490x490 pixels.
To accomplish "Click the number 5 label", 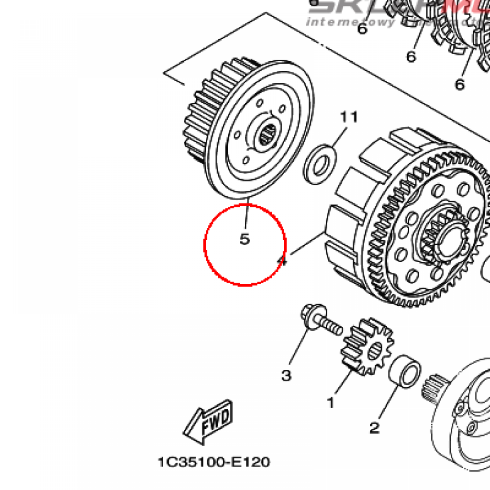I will [x=245, y=239].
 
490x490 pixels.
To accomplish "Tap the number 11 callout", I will [x=349, y=117].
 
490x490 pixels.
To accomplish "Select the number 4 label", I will [x=282, y=261].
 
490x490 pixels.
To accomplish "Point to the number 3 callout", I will [x=286, y=375].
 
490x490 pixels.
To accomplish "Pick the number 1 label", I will [x=330, y=403].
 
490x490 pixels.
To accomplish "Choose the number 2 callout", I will [x=374, y=427].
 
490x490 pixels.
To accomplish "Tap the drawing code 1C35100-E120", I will [x=214, y=462].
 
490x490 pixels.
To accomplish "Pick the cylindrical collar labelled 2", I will [x=405, y=371].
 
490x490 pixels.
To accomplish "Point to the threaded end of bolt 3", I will [x=334, y=328].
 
